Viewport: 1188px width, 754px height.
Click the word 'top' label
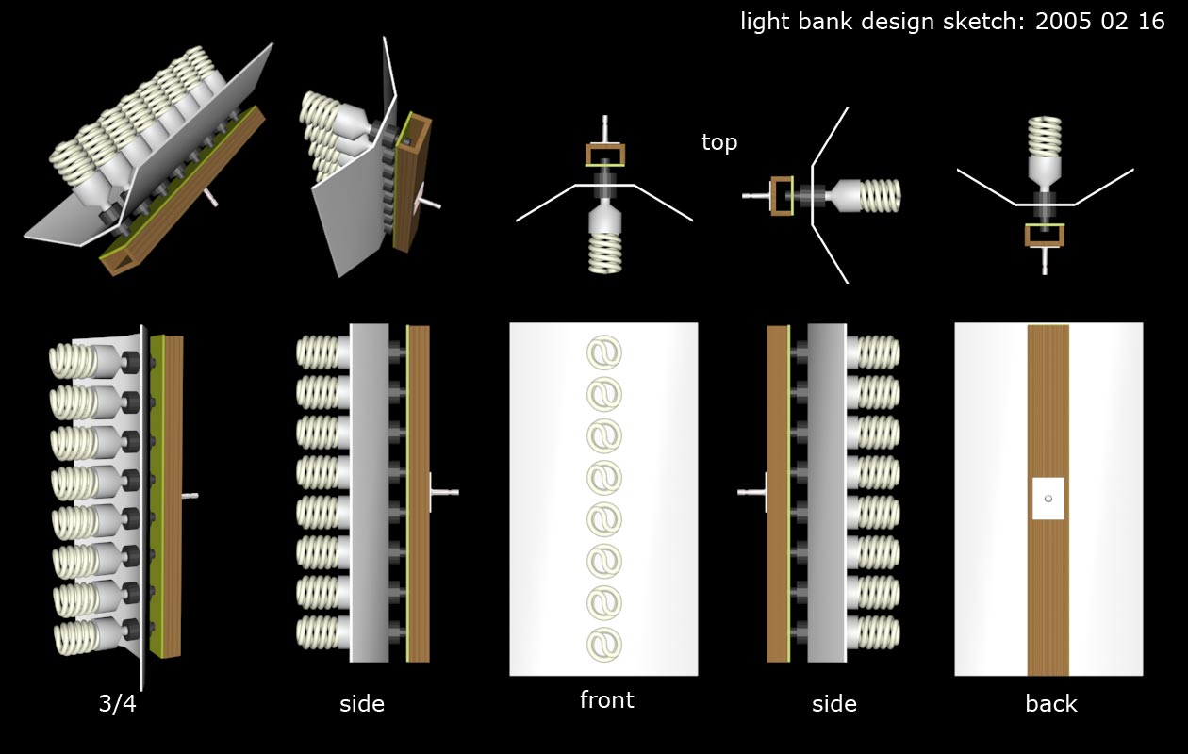click(x=719, y=142)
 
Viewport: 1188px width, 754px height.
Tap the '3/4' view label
click(x=117, y=703)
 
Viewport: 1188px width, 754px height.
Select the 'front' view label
click(x=606, y=700)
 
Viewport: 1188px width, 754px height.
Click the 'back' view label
click(x=1050, y=703)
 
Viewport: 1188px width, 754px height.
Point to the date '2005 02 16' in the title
click(x=1099, y=22)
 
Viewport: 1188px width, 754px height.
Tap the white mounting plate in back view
click(x=1048, y=498)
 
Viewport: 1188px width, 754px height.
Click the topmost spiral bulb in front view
click(x=604, y=352)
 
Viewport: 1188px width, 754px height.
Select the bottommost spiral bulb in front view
click(x=604, y=644)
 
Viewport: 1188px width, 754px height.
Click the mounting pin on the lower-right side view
click(x=751, y=492)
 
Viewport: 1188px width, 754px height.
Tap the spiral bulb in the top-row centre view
click(x=604, y=253)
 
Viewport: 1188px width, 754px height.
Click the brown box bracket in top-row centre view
click(x=604, y=153)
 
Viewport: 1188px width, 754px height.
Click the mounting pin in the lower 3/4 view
click(x=190, y=495)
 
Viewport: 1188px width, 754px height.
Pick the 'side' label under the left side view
click(x=362, y=703)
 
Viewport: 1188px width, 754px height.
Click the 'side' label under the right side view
click(x=834, y=703)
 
